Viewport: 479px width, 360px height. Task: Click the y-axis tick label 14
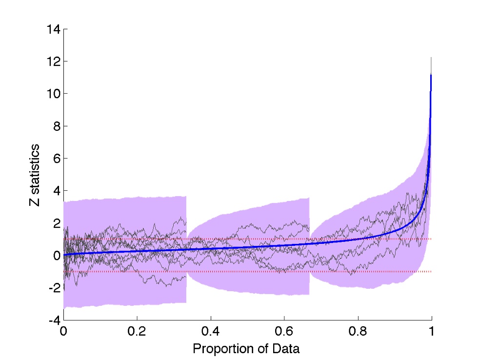[53, 29]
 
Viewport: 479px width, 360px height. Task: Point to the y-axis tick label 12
[53, 61]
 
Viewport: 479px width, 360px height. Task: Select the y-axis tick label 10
[53, 94]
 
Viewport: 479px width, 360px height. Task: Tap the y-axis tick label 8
[56, 126]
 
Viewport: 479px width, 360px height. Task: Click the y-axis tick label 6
[56, 158]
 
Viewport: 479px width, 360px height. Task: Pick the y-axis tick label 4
[56, 191]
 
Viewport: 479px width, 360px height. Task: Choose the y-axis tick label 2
[56, 223]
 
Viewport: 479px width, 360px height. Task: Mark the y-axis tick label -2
[54, 288]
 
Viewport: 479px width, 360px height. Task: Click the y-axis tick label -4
[54, 320]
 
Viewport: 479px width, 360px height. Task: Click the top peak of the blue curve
[431, 76]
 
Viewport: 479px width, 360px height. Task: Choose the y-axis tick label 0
[56, 256]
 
